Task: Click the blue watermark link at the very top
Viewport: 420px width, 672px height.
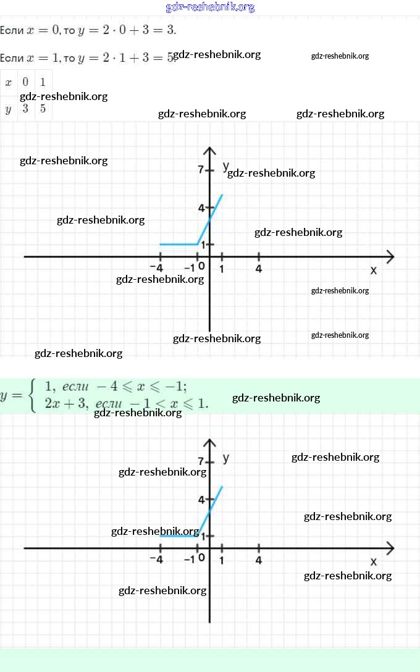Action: click(x=210, y=7)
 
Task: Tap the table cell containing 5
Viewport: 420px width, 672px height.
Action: click(x=43, y=109)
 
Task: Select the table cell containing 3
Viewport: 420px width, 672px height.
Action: click(x=26, y=109)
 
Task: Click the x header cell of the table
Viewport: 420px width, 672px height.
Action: click(x=9, y=82)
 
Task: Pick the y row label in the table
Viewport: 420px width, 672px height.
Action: click(x=9, y=109)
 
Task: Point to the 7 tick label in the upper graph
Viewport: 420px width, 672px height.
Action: click(x=201, y=169)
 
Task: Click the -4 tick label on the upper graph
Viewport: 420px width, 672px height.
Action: click(x=157, y=269)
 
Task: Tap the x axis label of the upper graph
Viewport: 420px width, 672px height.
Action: click(x=373, y=271)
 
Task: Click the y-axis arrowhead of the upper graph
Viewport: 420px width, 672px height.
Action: click(x=210, y=151)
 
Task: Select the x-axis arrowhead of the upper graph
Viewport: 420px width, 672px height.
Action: click(x=390, y=256)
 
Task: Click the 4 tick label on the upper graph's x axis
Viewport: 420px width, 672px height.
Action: click(x=258, y=269)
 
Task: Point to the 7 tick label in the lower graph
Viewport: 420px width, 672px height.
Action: click(x=201, y=461)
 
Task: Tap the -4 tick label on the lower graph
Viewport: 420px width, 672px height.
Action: click(x=157, y=560)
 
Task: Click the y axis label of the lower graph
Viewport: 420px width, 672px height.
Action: click(x=226, y=458)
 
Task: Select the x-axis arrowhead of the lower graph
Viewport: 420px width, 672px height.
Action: click(x=390, y=548)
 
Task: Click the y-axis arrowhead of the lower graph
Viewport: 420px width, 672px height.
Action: click(x=210, y=443)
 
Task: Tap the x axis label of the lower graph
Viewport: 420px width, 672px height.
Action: click(x=373, y=561)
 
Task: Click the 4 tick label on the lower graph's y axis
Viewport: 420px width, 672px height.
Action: click(x=201, y=499)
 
